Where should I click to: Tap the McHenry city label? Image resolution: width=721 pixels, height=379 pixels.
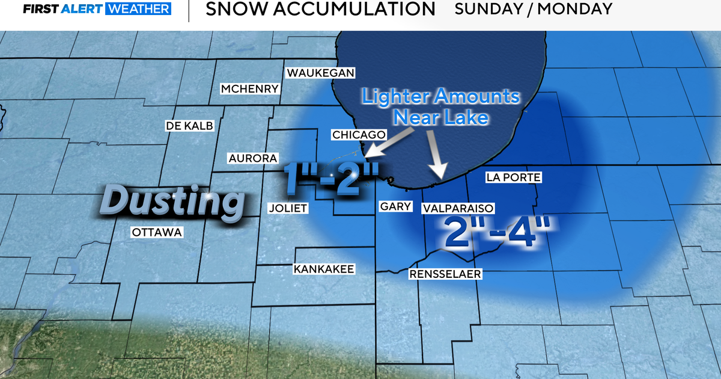250,89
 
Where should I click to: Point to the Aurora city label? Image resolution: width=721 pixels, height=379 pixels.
252,158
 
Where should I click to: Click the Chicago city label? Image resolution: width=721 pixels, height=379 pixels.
358,134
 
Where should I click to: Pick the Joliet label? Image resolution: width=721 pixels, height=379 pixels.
288,208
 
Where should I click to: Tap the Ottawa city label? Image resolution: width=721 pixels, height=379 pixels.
157,232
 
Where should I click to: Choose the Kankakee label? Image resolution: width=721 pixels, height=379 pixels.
324,269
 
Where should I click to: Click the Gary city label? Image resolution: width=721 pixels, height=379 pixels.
396,206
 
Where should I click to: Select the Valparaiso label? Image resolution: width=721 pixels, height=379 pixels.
458,208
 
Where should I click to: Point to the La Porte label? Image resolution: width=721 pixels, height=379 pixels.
514,177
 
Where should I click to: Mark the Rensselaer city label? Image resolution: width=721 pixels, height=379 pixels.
446,274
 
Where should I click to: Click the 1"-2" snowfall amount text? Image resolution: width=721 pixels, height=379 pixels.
332,176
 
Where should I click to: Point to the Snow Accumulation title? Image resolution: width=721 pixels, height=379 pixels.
320,9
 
